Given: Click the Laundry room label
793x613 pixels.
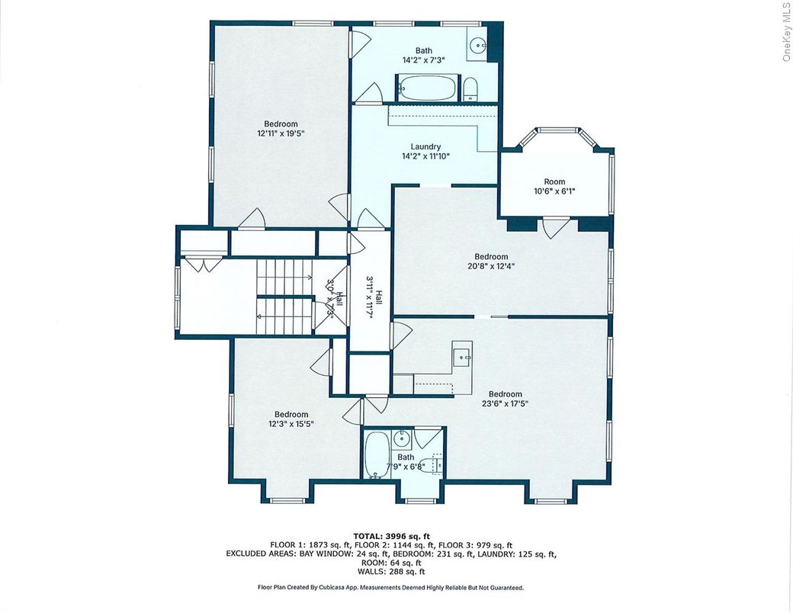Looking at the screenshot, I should pos(425,147).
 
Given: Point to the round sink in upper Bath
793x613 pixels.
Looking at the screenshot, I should pos(479,43).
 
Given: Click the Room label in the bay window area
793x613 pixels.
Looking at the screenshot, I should pos(554,181).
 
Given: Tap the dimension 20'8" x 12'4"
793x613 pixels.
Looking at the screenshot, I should pos(491,266).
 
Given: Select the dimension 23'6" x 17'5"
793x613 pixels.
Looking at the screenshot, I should pos(506,403).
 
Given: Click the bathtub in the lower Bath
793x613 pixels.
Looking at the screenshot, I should pos(376,454).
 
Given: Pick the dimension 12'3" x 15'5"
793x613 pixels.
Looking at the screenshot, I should pos(291,424).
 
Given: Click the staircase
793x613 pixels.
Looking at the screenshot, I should pos(284,296).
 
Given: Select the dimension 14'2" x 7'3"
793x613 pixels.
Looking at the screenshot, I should pos(423,59).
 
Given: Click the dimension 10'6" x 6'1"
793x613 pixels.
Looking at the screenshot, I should pos(554,191).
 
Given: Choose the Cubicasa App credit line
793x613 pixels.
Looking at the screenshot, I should pos(390,588).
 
